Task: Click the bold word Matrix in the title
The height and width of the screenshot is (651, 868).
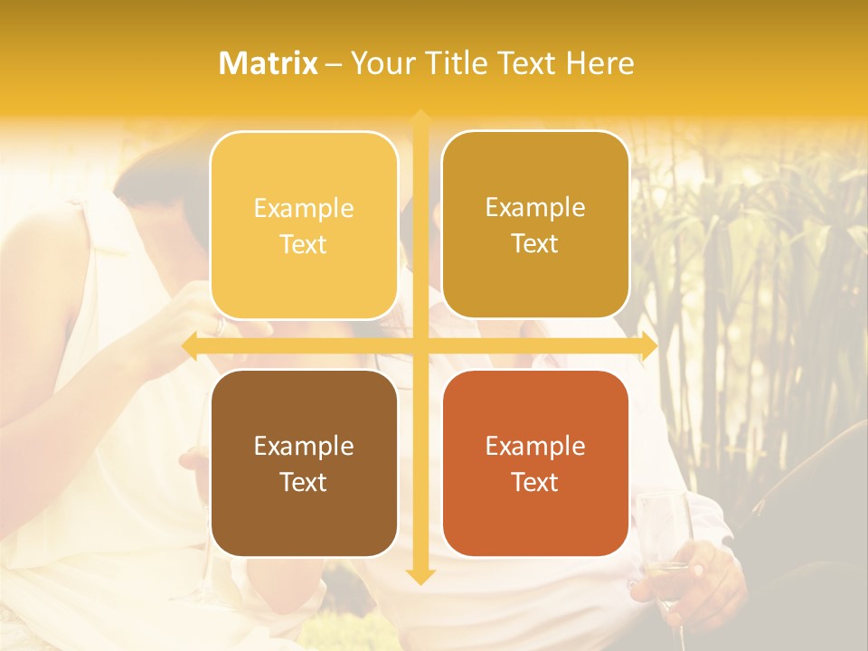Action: tap(269, 63)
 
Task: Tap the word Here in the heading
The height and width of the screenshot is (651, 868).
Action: tap(599, 63)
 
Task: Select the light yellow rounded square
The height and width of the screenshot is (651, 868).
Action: tap(304, 225)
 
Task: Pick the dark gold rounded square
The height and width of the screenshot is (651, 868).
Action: tap(535, 225)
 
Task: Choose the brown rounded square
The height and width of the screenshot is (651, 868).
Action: tap(304, 463)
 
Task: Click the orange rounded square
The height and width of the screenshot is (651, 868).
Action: tap(535, 463)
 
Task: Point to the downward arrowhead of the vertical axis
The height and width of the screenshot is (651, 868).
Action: tap(420, 576)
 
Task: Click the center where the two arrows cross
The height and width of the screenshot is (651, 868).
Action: tap(420, 346)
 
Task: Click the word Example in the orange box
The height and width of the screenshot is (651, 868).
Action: tap(535, 446)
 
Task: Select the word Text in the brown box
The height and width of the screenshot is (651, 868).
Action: tap(304, 482)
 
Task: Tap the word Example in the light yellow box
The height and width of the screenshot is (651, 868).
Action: tap(304, 208)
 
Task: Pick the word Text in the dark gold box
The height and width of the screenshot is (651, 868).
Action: tap(535, 244)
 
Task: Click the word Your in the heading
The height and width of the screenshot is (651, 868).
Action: tap(381, 63)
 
